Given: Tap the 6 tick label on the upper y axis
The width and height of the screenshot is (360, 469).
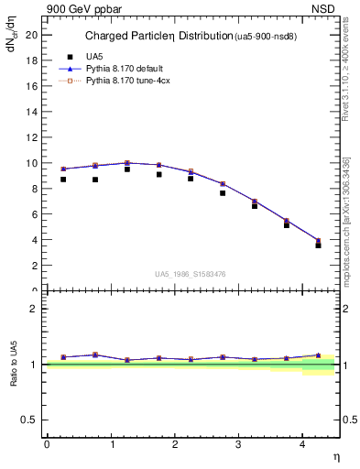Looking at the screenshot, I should [x=34, y=214].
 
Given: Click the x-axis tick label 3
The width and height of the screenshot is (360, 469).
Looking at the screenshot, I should [x=238, y=444].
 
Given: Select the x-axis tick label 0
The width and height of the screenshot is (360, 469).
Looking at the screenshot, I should [x=47, y=444].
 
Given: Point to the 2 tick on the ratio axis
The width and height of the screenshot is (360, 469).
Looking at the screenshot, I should [x=34, y=309].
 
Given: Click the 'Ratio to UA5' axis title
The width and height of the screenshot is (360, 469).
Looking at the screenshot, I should [x=13, y=365].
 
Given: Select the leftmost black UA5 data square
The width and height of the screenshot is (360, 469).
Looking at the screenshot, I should [x=63, y=180].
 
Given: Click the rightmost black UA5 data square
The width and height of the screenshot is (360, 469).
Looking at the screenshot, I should [x=318, y=245].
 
